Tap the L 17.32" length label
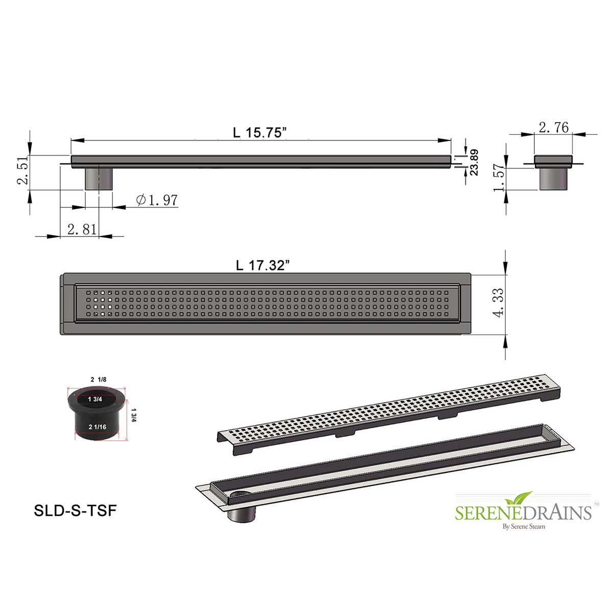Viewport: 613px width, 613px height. point(263,265)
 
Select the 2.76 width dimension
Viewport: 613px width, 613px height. point(554,128)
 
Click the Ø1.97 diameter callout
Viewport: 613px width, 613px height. point(156,200)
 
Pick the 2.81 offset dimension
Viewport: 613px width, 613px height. point(82,229)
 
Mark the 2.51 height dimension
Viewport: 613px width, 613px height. point(23,170)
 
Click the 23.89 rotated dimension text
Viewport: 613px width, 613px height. point(474,162)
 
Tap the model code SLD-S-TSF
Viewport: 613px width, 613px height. point(75,511)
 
